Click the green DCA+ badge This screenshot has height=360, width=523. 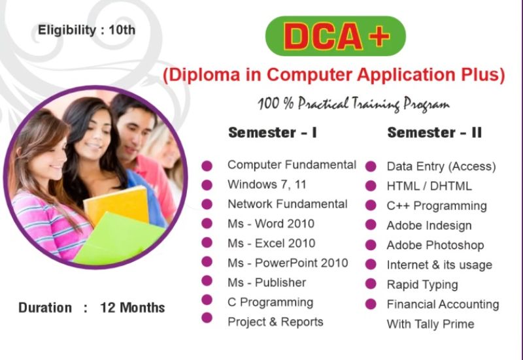[x=335, y=36]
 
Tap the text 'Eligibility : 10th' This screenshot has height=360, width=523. [x=87, y=30]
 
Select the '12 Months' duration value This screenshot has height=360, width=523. [x=133, y=308]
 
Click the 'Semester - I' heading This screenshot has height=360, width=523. [x=273, y=133]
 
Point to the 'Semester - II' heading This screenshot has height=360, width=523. [x=435, y=133]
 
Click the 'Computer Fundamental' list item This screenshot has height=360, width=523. [x=292, y=165]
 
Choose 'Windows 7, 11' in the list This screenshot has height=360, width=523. [x=267, y=184]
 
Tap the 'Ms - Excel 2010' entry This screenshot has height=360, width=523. [x=271, y=243]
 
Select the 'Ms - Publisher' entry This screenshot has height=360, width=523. [x=267, y=283]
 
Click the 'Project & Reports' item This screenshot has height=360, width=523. [x=275, y=322]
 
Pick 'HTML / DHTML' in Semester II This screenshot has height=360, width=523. [x=430, y=186]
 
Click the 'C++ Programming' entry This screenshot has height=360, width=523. [x=437, y=206]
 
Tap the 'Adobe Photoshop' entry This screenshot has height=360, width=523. [x=435, y=245]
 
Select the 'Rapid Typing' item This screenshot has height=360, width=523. [x=422, y=285]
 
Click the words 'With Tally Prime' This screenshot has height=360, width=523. [x=430, y=324]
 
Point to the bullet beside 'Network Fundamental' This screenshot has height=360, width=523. [x=207, y=204]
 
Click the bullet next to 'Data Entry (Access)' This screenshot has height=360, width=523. [x=371, y=167]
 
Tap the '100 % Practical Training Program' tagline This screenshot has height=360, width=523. [x=354, y=104]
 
